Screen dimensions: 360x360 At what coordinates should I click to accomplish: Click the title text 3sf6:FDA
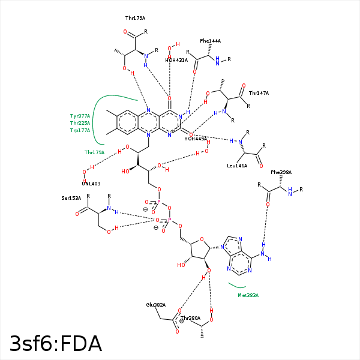coord(55,344)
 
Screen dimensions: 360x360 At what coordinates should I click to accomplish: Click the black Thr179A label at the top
coord(135,19)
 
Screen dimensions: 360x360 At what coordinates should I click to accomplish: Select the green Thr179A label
coord(94,152)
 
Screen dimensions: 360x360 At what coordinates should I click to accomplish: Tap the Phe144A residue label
coord(210,41)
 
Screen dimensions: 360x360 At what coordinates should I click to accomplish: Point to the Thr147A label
coord(259,93)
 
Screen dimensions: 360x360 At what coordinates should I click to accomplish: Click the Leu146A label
coord(237,166)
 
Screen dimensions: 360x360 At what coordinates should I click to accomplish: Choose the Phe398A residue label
coord(281,172)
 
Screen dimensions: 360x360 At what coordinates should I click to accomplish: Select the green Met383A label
coord(248,295)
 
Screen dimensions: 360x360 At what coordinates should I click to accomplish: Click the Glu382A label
coord(155,305)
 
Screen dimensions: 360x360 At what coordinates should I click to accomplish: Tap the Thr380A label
coord(190,317)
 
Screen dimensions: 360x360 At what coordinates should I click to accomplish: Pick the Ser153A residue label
coord(71,197)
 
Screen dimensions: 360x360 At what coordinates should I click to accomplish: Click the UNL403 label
coord(91,184)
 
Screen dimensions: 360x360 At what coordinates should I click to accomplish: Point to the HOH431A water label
coord(177,60)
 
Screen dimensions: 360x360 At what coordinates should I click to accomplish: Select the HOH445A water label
coord(196,139)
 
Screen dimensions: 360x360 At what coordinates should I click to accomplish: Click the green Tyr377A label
coord(80,115)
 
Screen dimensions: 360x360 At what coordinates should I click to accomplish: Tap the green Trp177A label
coord(80,130)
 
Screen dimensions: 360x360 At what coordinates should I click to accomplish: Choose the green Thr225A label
coord(80,122)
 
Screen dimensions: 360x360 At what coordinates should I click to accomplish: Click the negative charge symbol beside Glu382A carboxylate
coord(181,320)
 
